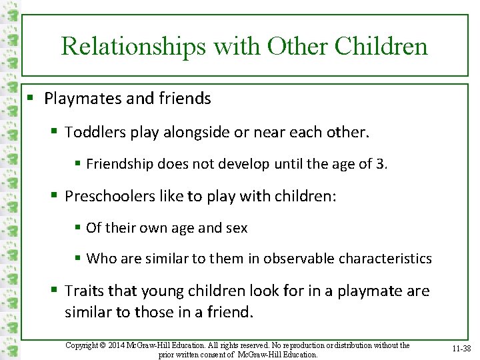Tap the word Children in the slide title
click(x=381, y=46)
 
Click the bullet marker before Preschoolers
click(x=54, y=197)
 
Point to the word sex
click(x=237, y=227)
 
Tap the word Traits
click(x=82, y=291)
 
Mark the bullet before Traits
click(x=54, y=291)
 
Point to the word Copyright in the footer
click(x=85, y=345)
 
